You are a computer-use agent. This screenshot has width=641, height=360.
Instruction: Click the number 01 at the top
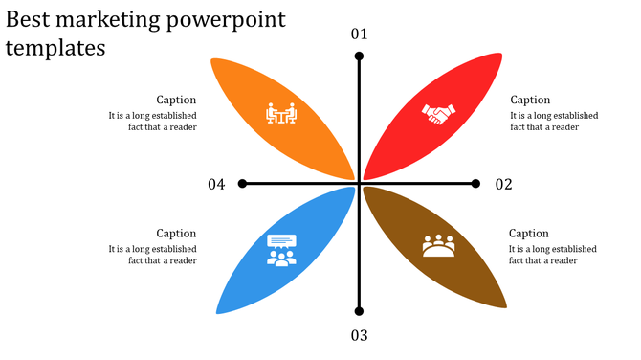pos(359,34)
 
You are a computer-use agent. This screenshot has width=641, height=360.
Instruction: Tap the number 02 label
pos(503,184)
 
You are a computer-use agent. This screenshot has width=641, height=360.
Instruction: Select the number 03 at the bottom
pos(359,335)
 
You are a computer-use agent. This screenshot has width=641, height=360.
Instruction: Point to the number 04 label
pos(216,184)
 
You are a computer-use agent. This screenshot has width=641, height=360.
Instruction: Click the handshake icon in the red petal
pos(438,114)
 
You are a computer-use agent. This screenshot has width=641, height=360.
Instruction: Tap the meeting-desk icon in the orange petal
pos(281,114)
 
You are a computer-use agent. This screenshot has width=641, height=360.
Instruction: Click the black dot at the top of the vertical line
pos(359,56)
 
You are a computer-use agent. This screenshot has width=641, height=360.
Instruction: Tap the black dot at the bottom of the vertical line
pos(359,311)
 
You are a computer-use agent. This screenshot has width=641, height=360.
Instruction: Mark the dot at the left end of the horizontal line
pos(242,183)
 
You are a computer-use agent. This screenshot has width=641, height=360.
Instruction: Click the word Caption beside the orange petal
pos(177,100)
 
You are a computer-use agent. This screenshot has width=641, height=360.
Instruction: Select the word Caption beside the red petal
pos(530,100)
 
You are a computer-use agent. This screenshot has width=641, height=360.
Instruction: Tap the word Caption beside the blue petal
pos(177,234)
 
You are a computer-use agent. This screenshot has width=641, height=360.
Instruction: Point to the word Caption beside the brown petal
pos(529,234)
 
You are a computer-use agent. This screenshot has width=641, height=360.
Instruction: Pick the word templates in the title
pos(55,48)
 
